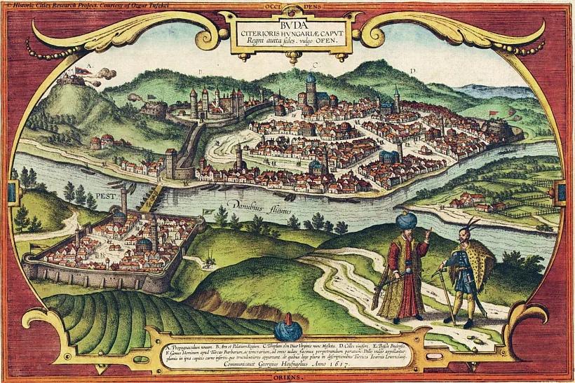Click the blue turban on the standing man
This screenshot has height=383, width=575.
[407, 222]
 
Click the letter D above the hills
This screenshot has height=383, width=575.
[412, 71]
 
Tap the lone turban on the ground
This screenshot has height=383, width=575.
[287, 330]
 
